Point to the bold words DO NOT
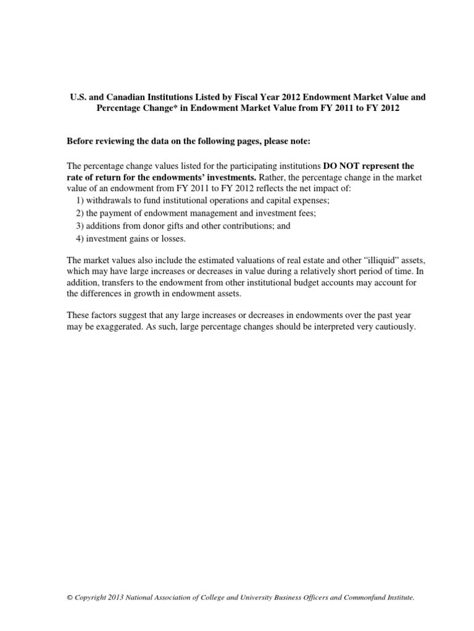pos(341,166)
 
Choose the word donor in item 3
pos(172,226)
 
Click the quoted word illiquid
pos(362,263)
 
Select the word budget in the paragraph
pos(304,287)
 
